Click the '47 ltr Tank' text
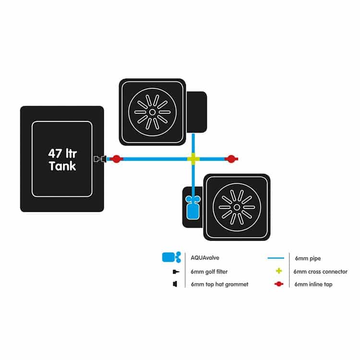(62, 160)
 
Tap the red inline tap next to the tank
(117, 159)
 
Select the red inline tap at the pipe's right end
(231, 159)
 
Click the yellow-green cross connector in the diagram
(193, 159)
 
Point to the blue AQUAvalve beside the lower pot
(193, 207)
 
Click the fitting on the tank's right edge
(100, 159)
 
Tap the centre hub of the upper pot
(152, 112)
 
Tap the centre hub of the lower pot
(237, 207)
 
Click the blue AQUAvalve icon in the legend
(171, 257)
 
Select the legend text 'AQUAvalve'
(205, 258)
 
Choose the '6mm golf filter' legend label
(209, 272)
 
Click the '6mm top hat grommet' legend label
(219, 285)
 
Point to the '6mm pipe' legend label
(308, 259)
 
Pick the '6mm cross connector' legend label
(320, 272)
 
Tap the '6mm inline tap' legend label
(313, 285)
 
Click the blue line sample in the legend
(276, 258)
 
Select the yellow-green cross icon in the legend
(279, 271)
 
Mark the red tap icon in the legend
(279, 284)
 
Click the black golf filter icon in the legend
(176, 272)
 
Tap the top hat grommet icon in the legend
(175, 284)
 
